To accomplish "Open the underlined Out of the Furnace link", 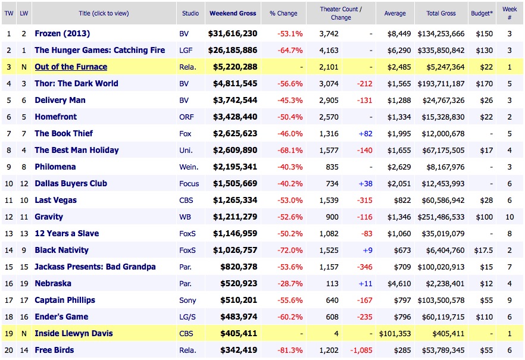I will coord(71,67).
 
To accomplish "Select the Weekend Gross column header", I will coord(232,13).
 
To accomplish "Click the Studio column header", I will coord(189,13).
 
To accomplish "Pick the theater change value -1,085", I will coord(361,350).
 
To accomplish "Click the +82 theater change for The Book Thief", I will coord(365,134).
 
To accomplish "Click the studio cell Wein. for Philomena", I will coord(189,167).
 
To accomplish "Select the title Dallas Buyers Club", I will coord(71,184).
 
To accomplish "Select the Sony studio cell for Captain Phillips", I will coord(187,300).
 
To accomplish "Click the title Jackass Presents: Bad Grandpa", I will coord(95,267).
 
